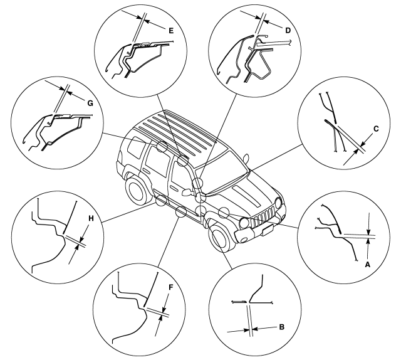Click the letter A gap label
[367, 265]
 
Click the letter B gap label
[281, 327]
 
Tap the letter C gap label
[376, 129]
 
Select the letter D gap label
[288, 31]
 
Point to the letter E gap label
[171, 31]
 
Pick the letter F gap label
[171, 287]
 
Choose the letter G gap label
[90, 103]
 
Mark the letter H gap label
[91, 218]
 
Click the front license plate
[268, 230]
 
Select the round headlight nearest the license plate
[244, 223]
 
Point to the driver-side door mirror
[187, 192]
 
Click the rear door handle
[147, 170]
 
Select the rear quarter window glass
[136, 147]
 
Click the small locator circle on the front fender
[224, 212]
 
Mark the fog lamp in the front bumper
[244, 240]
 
